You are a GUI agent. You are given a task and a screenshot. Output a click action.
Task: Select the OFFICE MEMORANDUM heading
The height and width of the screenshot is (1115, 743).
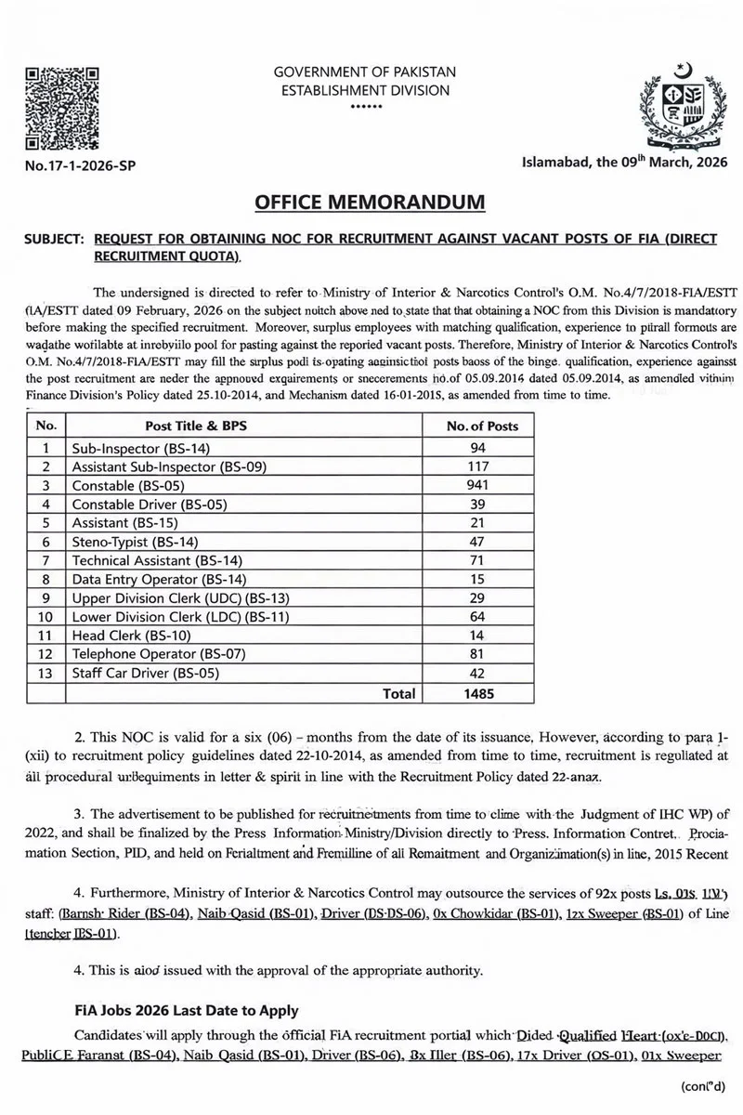(x=370, y=202)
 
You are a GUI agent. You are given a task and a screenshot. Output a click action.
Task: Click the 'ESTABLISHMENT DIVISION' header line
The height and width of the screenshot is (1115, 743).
(x=365, y=91)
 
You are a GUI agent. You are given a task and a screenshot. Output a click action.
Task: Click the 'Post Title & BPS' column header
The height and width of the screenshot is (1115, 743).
(x=196, y=426)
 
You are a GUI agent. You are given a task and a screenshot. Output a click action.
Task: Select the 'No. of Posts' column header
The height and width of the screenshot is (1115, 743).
(x=482, y=426)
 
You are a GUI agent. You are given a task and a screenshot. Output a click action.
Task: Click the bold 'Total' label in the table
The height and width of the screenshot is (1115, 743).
(x=398, y=693)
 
